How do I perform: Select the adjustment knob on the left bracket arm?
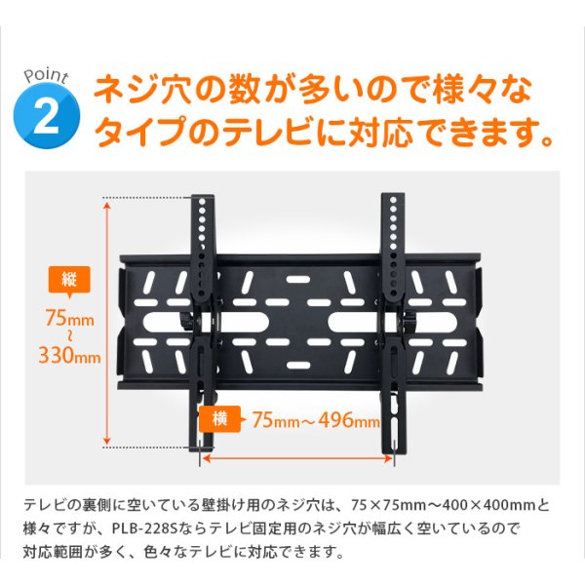(x=186, y=323)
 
